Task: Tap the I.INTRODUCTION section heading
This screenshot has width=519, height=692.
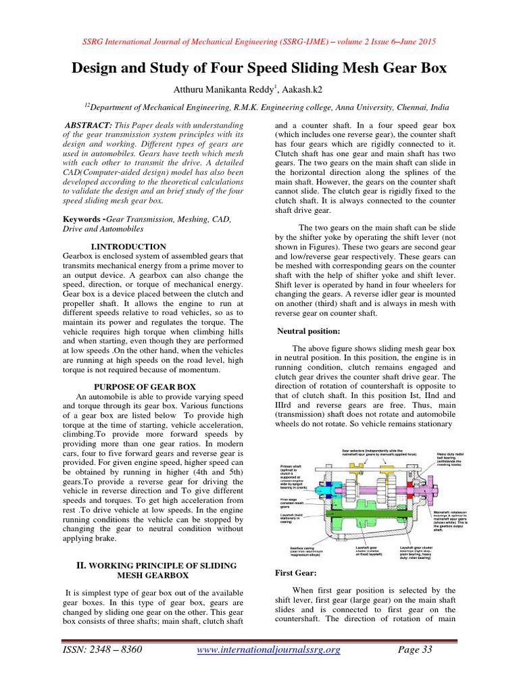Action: pos(128,247)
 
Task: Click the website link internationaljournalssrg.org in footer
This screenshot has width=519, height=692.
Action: pos(268,650)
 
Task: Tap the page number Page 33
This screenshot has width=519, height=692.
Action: pos(414,650)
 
